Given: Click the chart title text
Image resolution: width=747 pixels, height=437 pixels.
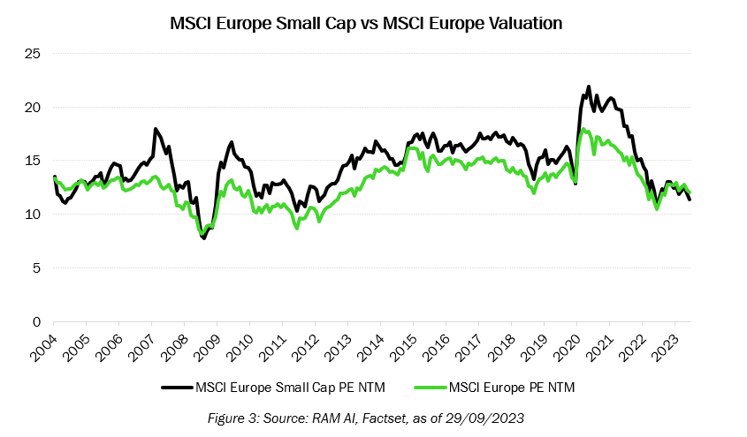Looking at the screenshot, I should click(x=366, y=24).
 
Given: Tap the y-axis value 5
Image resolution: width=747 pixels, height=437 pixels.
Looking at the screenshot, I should click(x=37, y=267).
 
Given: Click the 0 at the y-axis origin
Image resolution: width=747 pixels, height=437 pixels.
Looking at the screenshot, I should click(x=37, y=321).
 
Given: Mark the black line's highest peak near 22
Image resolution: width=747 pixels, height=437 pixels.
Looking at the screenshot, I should click(x=589, y=87).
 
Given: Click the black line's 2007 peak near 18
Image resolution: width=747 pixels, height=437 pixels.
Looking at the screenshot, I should click(x=156, y=129).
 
